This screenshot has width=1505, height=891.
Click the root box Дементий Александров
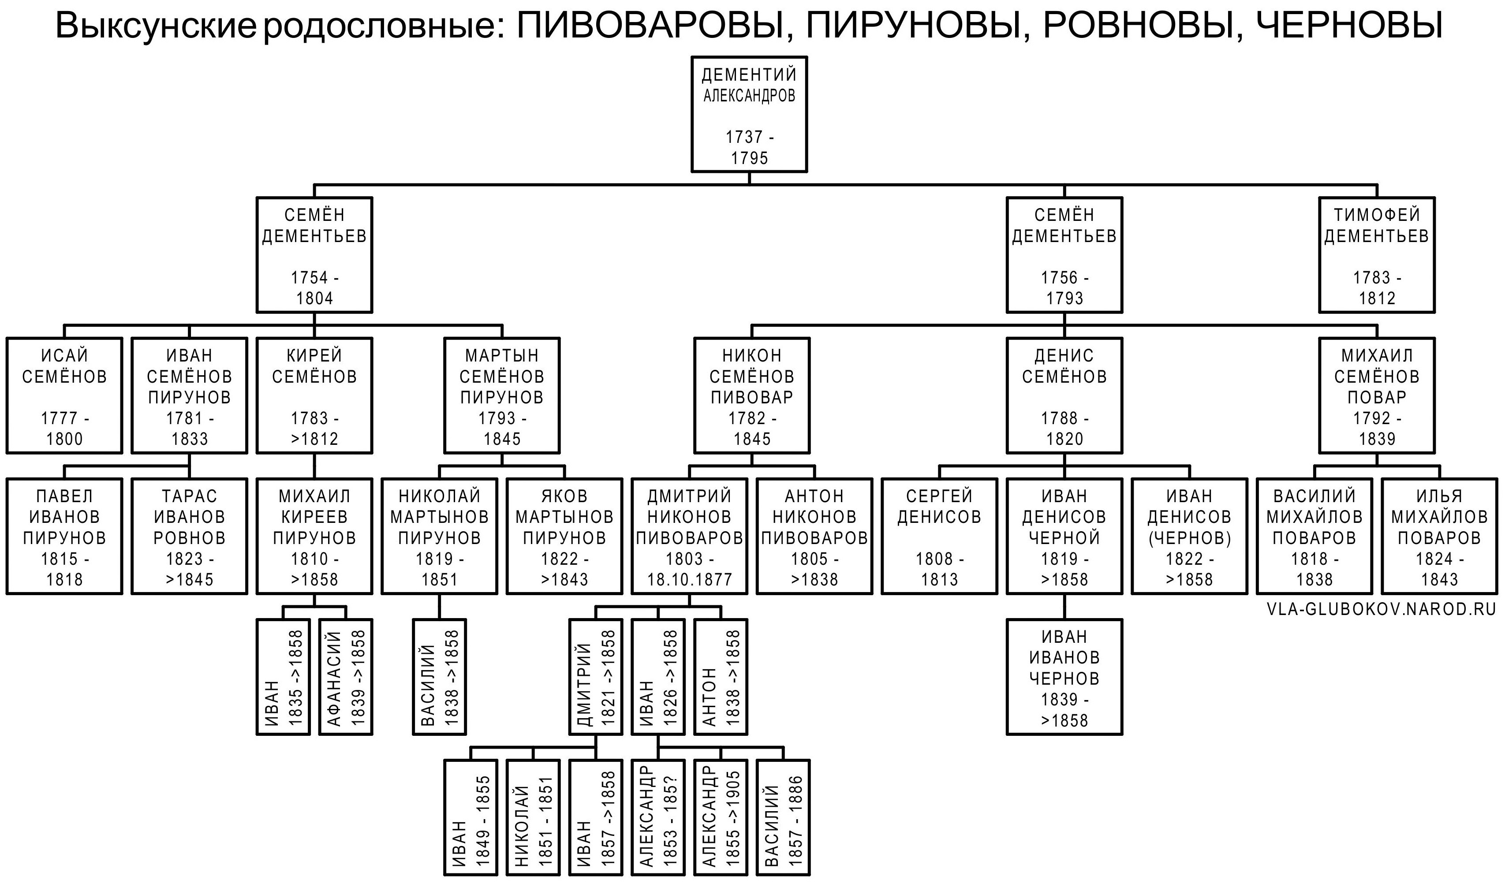click(749, 114)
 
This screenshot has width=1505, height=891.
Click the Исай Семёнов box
click(64, 395)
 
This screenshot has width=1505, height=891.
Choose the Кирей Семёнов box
click(314, 395)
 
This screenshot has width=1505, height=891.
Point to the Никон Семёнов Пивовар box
click(752, 395)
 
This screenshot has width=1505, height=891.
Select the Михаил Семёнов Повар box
click(1377, 395)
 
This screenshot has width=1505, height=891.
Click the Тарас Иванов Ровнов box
click(189, 536)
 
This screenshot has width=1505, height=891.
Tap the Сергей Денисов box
click(939, 536)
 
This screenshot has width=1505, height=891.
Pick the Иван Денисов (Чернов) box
click(1189, 536)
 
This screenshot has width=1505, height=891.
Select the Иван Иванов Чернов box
click(1064, 677)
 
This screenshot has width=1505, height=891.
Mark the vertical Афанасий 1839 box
click(346, 677)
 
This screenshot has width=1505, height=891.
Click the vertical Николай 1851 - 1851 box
click(533, 818)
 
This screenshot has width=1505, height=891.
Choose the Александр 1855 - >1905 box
click(721, 818)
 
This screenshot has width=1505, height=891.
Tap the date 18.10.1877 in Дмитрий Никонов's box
click(689, 579)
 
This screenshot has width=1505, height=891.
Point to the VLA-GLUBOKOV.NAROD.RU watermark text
click(1381, 609)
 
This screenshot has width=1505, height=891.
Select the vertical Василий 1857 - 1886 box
click(783, 818)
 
